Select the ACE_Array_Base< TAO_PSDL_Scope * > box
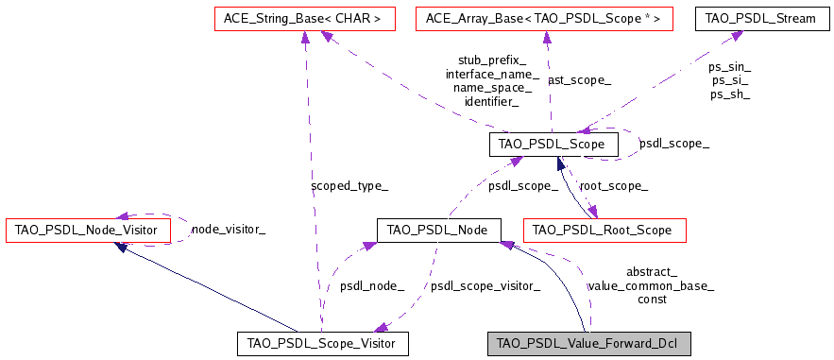click(544, 18)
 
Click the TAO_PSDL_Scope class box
click(553, 144)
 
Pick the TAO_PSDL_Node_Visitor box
click(88, 229)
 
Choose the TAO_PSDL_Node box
click(437, 230)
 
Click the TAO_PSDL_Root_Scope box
click(604, 230)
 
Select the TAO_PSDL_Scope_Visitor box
click(322, 343)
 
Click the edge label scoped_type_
click(349, 186)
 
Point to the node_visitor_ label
click(228, 229)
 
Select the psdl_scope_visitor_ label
click(485, 285)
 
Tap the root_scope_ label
click(613, 186)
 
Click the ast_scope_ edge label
click(579, 80)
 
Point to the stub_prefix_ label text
click(492, 60)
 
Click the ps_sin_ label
click(729, 67)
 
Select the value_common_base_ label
click(651, 285)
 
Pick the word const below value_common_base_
click(652, 299)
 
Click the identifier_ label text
click(492, 101)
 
